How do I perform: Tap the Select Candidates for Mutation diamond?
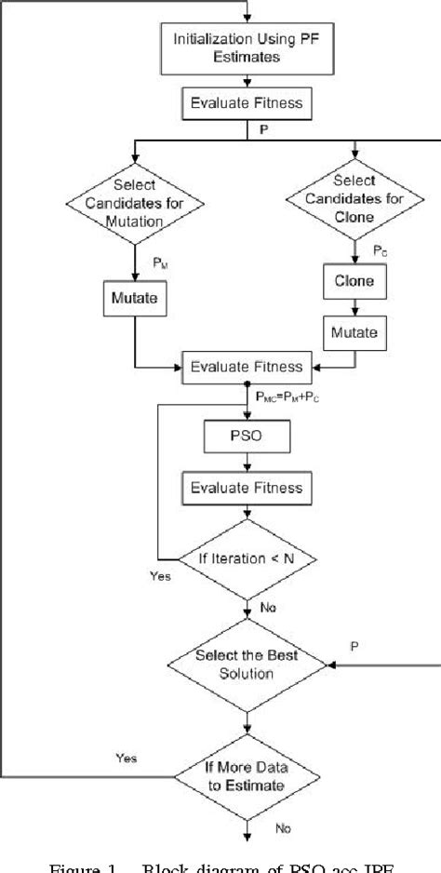click(x=136, y=203)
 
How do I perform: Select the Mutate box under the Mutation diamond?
click(x=136, y=301)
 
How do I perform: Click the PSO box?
click(x=247, y=435)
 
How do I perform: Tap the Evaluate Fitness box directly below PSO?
click(x=247, y=487)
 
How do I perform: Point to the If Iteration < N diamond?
click(x=247, y=558)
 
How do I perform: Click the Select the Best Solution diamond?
click(x=247, y=664)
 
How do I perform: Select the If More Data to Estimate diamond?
click(x=247, y=775)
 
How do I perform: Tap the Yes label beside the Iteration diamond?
click(x=160, y=576)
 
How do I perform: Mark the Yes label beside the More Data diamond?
click(x=126, y=759)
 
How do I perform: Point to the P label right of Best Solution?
click(x=354, y=645)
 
